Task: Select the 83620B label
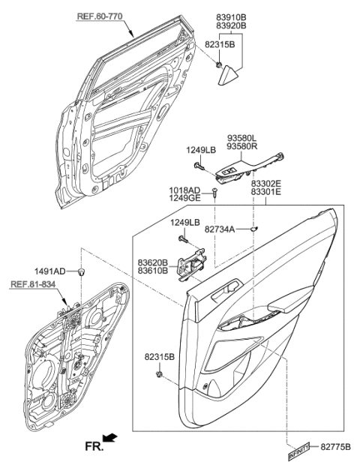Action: [152, 262]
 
